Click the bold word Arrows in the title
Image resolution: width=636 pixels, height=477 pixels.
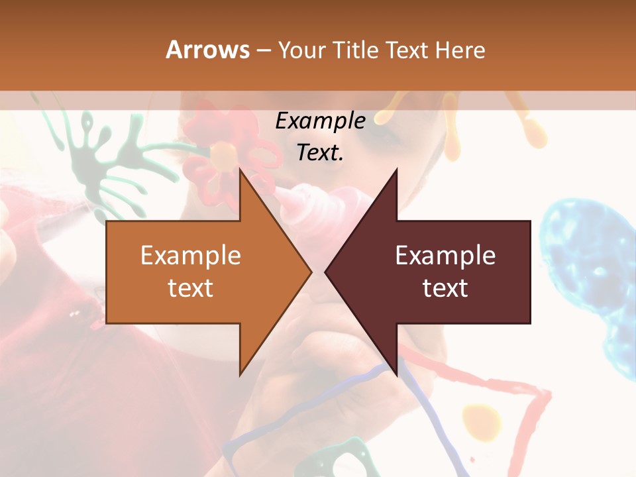[208, 50]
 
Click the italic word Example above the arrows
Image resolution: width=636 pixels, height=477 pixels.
[320, 121]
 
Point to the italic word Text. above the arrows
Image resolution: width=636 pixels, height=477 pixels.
[320, 152]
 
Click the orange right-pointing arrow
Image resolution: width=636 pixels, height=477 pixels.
[199, 272]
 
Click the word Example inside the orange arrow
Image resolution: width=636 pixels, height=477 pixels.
[191, 256]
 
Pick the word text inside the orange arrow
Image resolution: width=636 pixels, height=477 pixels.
[191, 288]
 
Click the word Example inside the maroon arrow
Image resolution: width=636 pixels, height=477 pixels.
[445, 256]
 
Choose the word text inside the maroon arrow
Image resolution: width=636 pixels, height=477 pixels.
[445, 288]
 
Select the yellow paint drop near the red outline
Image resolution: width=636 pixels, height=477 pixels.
[482, 420]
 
